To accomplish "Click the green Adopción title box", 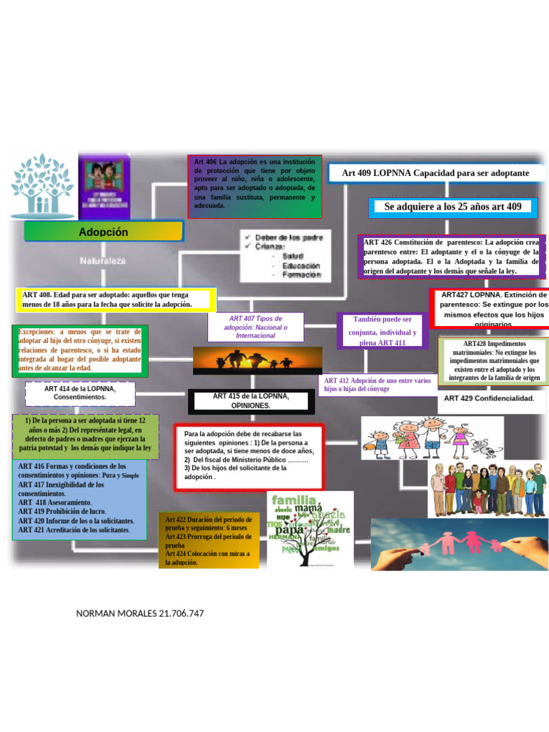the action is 104,232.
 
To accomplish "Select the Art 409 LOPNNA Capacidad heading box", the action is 435,173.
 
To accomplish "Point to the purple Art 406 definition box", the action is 254,186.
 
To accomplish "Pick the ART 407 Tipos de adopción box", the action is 255,327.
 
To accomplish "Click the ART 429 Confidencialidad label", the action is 489,398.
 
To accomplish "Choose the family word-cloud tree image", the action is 309,529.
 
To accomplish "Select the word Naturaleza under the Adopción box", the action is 103,261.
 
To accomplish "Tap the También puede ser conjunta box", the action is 382,330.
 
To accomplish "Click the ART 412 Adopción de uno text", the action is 377,385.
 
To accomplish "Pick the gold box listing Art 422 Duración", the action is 208,540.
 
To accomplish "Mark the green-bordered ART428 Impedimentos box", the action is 495,360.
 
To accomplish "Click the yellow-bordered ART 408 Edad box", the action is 116,300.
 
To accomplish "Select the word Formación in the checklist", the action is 301,275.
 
